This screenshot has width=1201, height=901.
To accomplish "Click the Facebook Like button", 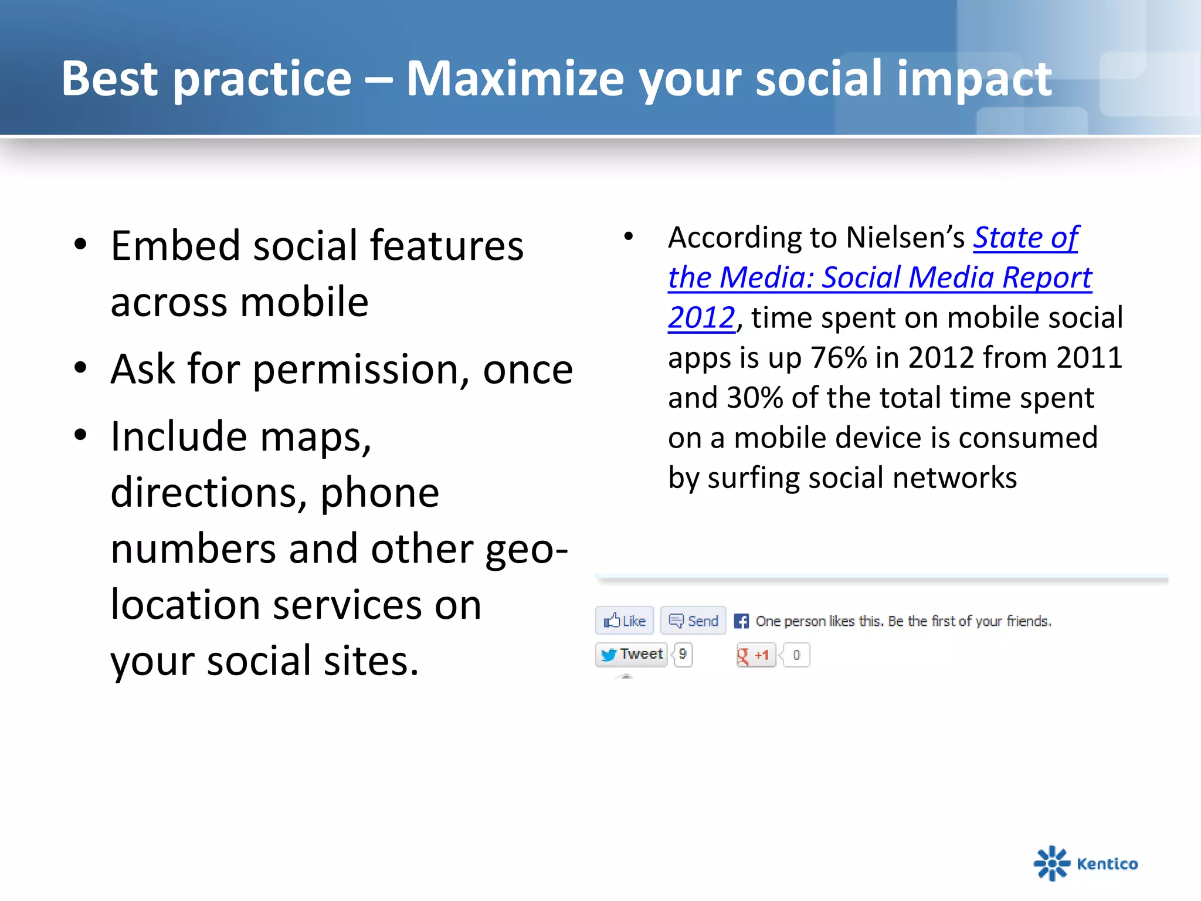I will [625, 621].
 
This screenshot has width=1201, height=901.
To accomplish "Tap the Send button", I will [693, 621].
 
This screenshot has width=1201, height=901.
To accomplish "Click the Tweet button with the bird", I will [632, 655].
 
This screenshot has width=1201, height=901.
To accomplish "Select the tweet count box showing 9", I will [683, 655].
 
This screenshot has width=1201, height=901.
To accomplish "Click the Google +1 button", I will [756, 655].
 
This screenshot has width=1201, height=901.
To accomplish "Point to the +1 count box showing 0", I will [796, 655].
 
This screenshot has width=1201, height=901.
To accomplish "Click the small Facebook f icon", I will [741, 621].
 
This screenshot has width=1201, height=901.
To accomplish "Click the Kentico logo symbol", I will [1051, 863].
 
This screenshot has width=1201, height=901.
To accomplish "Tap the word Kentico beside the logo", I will [1107, 864].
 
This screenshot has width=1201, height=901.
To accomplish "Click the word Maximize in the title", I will [515, 79].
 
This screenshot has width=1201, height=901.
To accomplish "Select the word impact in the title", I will [974, 79].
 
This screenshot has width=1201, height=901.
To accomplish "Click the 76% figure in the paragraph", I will [838, 357].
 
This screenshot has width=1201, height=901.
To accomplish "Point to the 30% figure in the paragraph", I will [755, 398].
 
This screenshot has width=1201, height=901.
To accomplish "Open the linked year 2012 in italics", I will [701, 318].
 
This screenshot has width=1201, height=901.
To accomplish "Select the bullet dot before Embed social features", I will [81, 245].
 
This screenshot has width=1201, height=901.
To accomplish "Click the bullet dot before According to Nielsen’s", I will [629, 236].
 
